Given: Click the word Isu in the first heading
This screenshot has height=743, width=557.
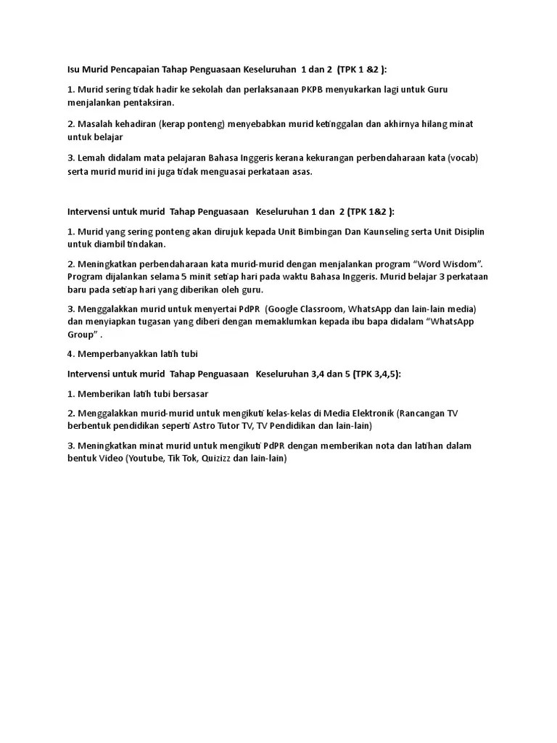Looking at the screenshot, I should pos(73,70).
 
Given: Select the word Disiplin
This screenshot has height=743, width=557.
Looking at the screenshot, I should pos(467,231).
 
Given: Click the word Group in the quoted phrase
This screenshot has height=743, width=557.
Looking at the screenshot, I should pos(81,334).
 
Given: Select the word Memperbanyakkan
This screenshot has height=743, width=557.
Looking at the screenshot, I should pos(112,353).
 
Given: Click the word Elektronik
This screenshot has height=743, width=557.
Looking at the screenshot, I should pos(368,413).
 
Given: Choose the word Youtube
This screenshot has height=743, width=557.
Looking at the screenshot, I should pos(146,459).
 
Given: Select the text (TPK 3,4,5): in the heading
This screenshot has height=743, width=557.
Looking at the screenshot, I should pos(376,374).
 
